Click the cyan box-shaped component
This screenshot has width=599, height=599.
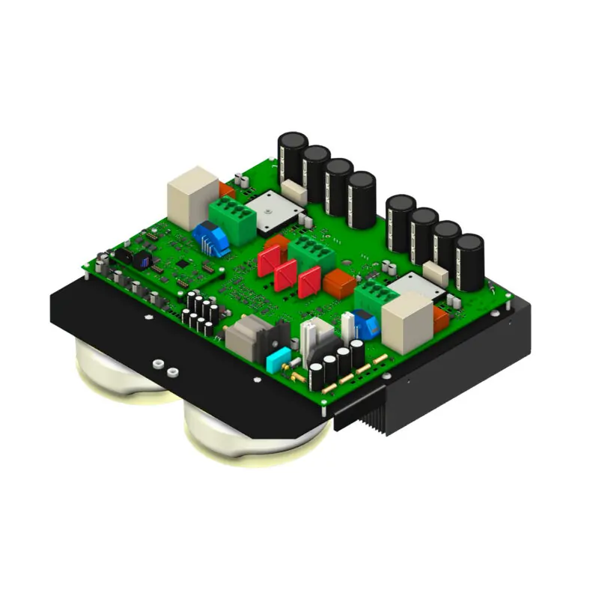tap(278, 358)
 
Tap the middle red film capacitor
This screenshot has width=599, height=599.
tap(287, 275)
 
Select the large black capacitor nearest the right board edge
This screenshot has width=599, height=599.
tap(469, 262)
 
